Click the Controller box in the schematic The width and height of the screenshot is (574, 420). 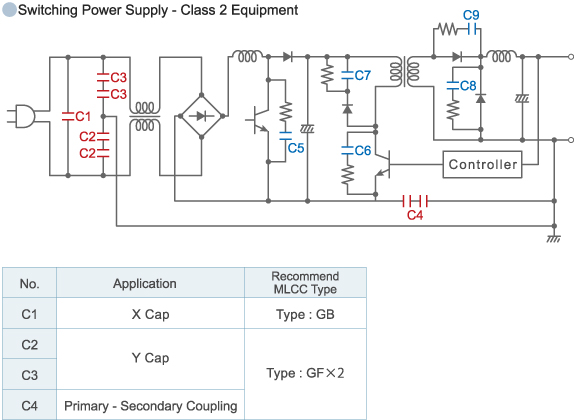tap(483, 164)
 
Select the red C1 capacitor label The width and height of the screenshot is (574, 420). tap(83, 117)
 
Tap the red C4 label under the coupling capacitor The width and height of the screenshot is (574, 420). tap(416, 214)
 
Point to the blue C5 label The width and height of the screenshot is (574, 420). tap(295, 148)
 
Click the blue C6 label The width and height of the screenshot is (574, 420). tap(362, 150)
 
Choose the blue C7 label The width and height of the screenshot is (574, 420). tap(362, 75)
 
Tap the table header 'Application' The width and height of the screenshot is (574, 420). tap(144, 284)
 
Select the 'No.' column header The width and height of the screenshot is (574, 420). tap(30, 284)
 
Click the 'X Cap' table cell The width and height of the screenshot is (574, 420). tap(150, 314)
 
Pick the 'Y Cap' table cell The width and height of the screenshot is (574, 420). tap(150, 358)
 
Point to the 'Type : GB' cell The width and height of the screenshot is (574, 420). tap(305, 314)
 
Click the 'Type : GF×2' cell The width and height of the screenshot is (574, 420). tap(305, 373)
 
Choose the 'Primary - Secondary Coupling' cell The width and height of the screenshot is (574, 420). tap(150, 405)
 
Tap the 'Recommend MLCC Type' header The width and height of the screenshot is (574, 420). tap(305, 283)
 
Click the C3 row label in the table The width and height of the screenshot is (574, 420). tap(30, 374)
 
